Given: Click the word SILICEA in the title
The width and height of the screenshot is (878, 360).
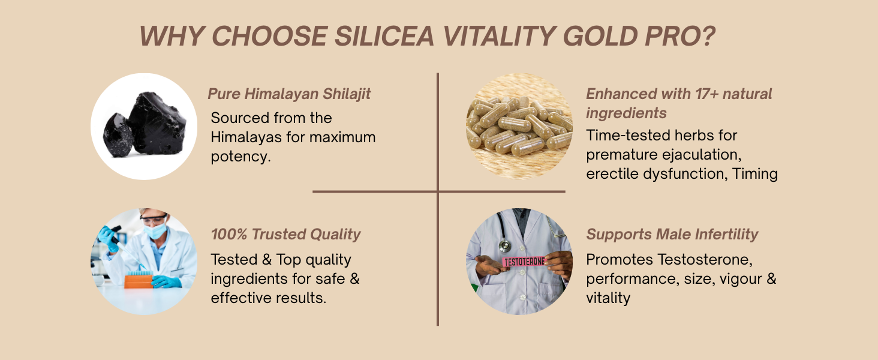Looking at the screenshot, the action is (384, 36).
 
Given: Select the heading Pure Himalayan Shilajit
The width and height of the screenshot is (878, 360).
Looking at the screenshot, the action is (289, 94).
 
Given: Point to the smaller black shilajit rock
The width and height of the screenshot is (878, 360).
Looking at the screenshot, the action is (118, 135).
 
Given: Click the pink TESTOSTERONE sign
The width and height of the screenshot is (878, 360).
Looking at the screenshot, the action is (524, 262).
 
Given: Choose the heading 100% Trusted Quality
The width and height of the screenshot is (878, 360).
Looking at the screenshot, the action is (285, 234).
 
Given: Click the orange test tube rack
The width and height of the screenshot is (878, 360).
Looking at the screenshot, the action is (139, 281).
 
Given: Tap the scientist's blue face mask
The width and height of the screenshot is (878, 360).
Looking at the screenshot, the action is (155, 230).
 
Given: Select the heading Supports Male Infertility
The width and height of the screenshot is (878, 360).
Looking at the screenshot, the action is (672, 234).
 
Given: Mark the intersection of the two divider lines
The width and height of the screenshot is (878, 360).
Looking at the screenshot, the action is (437, 191).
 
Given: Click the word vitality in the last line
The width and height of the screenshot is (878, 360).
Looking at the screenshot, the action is (608, 298).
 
